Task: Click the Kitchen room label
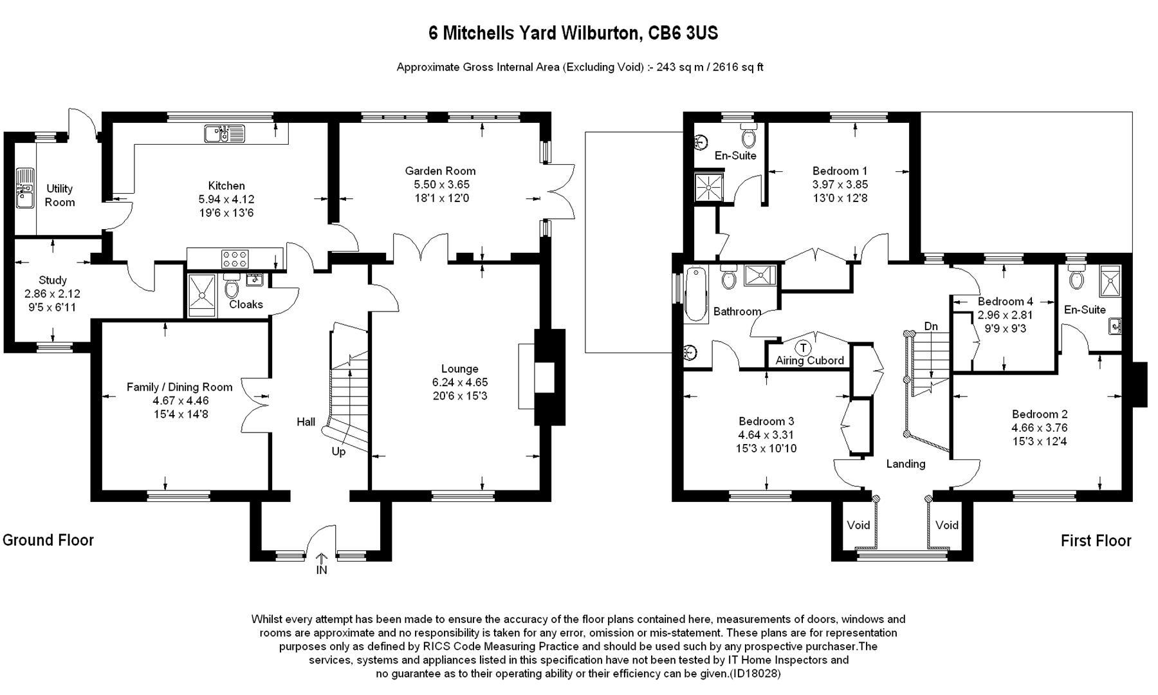226,186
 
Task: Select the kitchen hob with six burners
235,259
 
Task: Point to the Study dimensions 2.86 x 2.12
53,294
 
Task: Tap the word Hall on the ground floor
306,422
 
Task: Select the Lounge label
460,369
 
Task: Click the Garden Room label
441,171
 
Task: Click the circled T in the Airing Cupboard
803,348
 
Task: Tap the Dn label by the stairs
931,327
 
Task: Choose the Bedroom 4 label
1006,301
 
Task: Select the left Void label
859,525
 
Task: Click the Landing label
906,464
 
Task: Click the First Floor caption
1096,541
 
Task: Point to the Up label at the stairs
338,452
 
